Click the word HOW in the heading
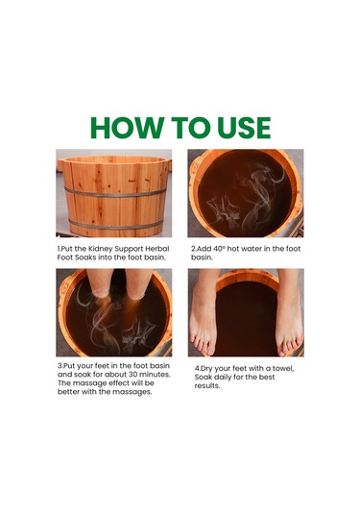128,128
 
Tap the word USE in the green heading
244,128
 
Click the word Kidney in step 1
101,249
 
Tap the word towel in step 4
285,369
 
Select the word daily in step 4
223,377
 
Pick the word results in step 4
207,386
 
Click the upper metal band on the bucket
115,192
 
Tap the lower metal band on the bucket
116,225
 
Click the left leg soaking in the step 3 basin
99,282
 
